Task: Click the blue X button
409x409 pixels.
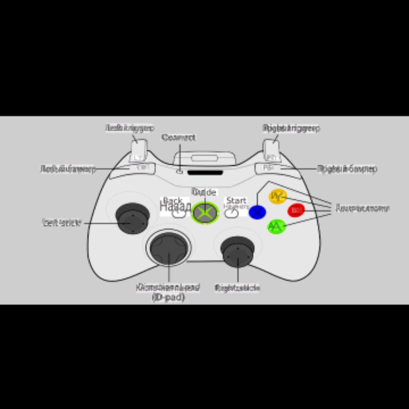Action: tap(257, 212)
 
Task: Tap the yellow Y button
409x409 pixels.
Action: tap(278, 196)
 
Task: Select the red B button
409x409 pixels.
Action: tap(296, 210)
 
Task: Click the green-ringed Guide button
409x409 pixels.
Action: tap(205, 212)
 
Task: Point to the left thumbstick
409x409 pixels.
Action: tap(133, 218)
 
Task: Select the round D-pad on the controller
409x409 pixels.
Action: tap(169, 248)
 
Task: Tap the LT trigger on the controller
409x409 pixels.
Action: tap(139, 152)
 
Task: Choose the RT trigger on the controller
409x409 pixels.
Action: tap(272, 152)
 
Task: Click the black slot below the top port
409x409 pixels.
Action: tap(205, 173)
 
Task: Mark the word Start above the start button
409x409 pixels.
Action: tap(236, 200)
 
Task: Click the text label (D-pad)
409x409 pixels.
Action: tap(168, 298)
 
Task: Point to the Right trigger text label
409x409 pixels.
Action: tap(291, 128)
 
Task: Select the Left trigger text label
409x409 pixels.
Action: tap(130, 128)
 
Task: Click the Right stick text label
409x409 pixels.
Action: tap(237, 288)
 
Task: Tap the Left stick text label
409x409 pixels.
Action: tap(62, 222)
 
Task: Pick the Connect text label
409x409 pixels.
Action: tap(179, 137)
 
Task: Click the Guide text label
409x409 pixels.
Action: tap(204, 192)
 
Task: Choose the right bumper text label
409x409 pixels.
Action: tap(347, 169)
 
